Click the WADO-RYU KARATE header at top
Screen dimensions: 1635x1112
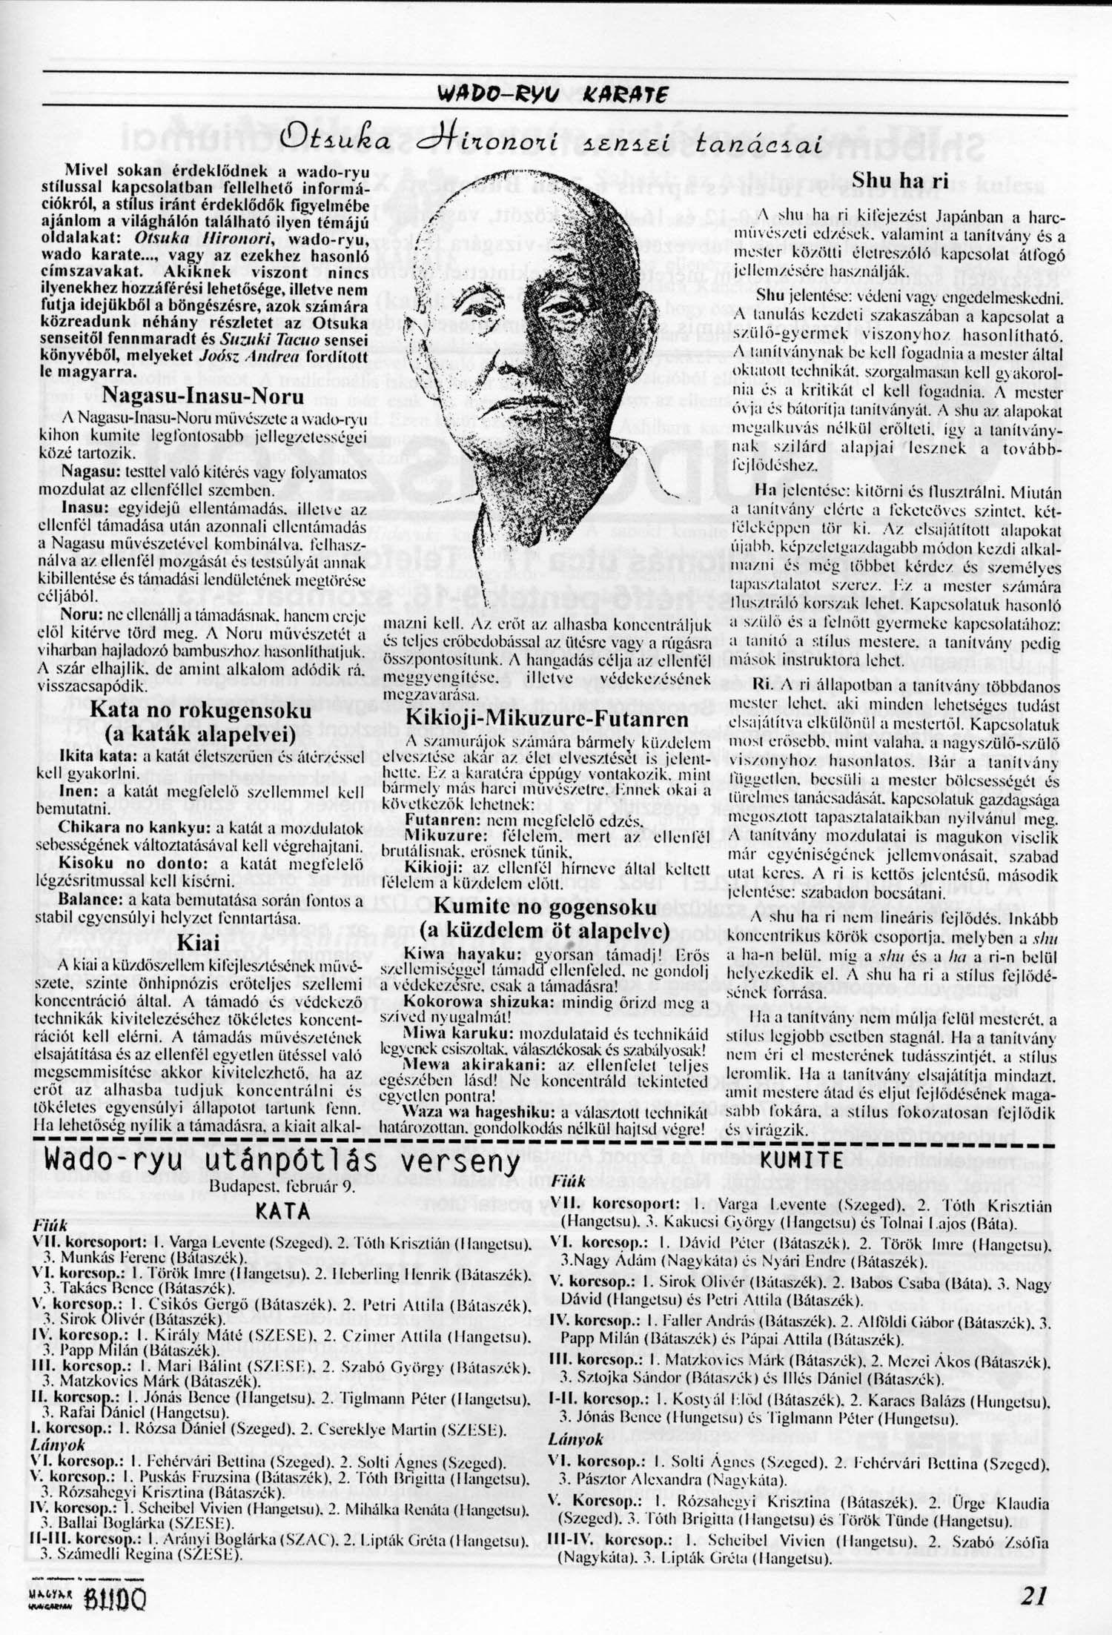coord(555,94)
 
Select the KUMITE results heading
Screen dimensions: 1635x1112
coord(801,1161)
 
